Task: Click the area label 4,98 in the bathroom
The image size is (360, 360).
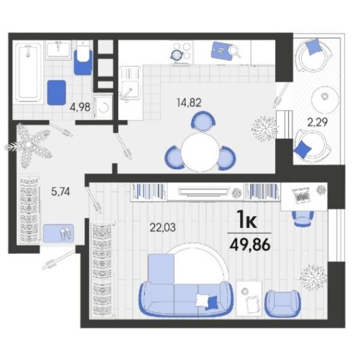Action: pyautogui.click(x=80, y=107)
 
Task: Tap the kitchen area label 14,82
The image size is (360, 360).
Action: pyautogui.click(x=189, y=102)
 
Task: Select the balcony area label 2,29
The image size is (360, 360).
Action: pyautogui.click(x=317, y=123)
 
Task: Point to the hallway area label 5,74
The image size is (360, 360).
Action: pyautogui.click(x=61, y=192)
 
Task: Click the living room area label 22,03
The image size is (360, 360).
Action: pyautogui.click(x=162, y=227)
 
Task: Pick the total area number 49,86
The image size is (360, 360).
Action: pyautogui.click(x=250, y=245)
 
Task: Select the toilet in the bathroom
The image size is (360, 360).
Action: pyautogui.click(x=83, y=57)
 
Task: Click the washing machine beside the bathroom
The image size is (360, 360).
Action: pyautogui.click(x=104, y=107)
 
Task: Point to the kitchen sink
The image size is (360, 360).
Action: pyautogui.click(x=129, y=83)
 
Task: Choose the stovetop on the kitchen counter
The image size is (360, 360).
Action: pyautogui.click(x=181, y=52)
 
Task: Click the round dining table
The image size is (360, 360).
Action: pyautogui.click(x=200, y=152)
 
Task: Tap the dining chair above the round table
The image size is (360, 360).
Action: pyautogui.click(x=203, y=121)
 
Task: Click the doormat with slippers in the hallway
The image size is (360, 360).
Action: pyautogui.click(x=59, y=233)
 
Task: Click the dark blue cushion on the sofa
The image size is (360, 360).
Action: pyautogui.click(x=212, y=303)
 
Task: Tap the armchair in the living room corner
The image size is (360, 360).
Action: pyautogui.click(x=282, y=304)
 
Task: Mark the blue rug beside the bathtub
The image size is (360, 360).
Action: pyautogui.click(x=56, y=92)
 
